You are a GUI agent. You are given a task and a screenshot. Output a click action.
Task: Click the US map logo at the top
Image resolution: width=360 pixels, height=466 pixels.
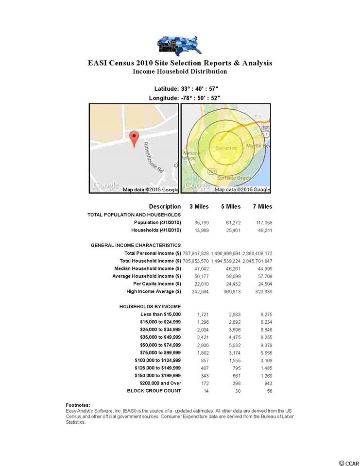(179, 45)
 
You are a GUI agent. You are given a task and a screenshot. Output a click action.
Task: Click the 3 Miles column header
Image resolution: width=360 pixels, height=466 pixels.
(199, 206)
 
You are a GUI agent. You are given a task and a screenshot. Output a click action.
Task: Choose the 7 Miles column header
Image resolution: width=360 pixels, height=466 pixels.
(262, 206)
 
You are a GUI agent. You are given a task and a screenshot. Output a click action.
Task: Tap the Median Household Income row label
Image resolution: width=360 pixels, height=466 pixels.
(148, 268)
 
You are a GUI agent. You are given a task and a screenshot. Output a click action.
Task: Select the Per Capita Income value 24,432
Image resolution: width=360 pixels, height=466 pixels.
(231, 283)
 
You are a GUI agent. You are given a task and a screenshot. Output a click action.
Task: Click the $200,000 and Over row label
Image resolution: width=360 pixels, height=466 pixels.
(158, 383)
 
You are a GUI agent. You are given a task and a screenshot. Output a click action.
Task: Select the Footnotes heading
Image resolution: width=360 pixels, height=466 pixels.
(78, 405)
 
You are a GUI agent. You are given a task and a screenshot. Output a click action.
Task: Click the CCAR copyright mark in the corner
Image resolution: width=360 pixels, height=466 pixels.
(348, 462)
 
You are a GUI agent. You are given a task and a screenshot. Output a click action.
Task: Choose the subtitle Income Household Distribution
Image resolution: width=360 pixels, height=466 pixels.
(180, 71)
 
